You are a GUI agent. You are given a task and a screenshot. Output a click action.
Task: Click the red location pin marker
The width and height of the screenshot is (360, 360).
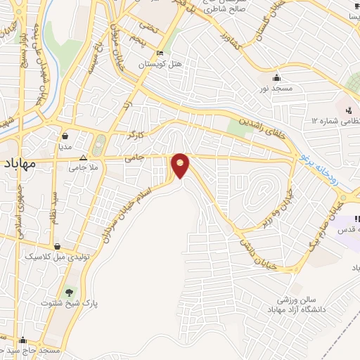(x=181, y=165)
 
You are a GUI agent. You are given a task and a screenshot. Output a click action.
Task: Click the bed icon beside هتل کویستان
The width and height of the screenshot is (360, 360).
(x=160, y=53)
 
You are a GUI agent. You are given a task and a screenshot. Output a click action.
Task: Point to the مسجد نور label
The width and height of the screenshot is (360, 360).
(x=277, y=89)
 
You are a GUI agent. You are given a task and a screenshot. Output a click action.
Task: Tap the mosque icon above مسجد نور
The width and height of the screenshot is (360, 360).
(x=276, y=78)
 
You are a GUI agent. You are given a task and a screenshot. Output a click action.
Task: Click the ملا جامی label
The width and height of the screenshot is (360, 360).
(x=83, y=169)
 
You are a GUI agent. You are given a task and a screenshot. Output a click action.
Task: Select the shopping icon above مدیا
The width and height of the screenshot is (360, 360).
(x=65, y=136)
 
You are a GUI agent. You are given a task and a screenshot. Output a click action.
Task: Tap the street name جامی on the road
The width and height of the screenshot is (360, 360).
(x=134, y=160)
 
